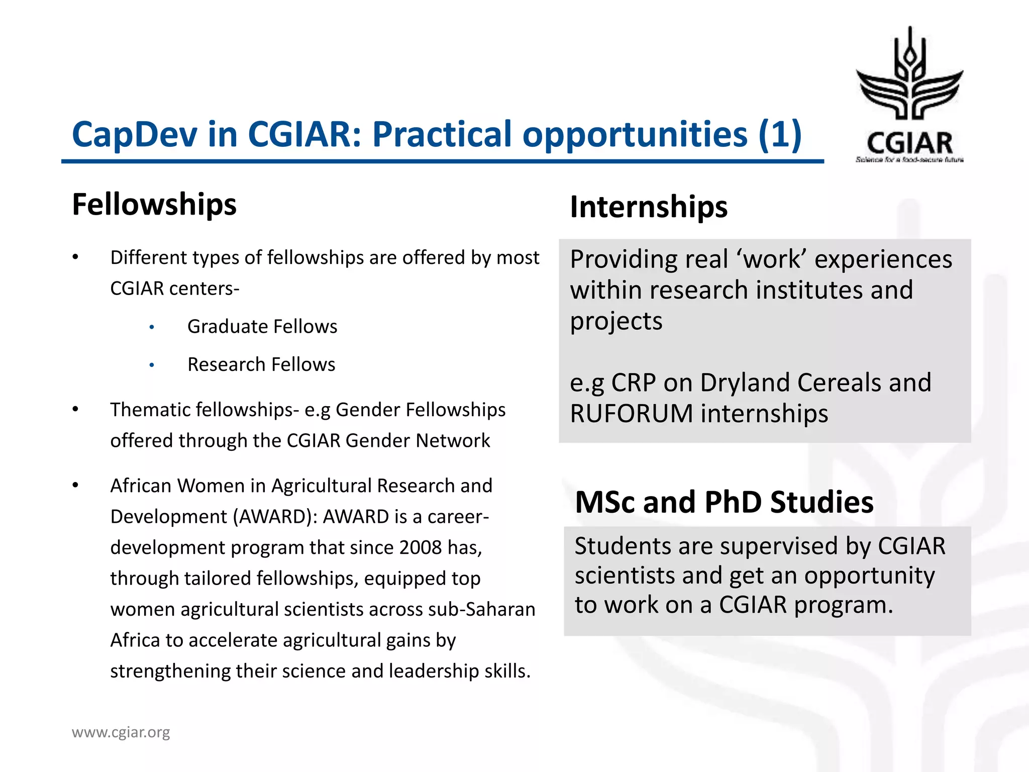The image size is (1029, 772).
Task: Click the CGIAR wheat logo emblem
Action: pos(910,75)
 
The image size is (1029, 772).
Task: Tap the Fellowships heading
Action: pos(154,205)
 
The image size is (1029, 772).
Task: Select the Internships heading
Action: pos(649,207)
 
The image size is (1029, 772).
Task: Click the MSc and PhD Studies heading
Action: pos(724,502)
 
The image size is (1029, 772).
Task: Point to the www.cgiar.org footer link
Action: pos(121,732)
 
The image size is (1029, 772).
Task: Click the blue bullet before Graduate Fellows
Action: pos(152,328)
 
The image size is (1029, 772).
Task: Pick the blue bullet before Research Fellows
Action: pos(152,365)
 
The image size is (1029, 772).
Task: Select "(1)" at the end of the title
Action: pos(780,135)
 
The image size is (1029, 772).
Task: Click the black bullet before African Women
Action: pos(75,486)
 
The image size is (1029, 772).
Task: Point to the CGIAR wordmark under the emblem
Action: pos(909,144)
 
